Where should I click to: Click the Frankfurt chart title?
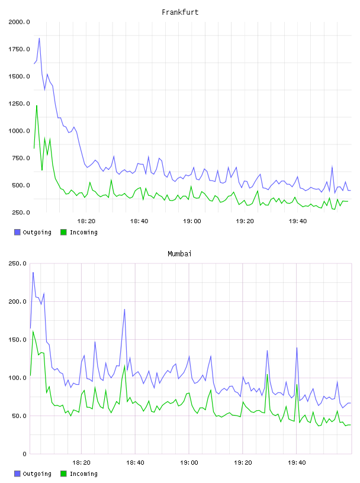(180, 12)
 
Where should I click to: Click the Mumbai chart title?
(179, 254)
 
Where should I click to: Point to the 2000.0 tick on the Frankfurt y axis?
(19, 22)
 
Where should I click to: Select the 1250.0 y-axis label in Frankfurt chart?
(19, 104)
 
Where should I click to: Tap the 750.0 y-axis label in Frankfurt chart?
(21, 158)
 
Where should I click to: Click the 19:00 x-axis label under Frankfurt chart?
(192, 221)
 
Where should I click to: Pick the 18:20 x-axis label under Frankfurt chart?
(86, 221)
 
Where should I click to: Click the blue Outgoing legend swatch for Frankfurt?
(17, 232)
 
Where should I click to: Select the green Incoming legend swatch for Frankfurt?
(63, 232)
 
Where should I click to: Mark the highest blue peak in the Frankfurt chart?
(39, 38)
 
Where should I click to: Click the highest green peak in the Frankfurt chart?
(37, 105)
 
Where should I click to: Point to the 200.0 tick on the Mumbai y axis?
(18, 301)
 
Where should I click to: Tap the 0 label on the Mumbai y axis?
(25, 454)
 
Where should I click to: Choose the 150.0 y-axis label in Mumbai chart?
(18, 340)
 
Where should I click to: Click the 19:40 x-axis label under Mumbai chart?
(297, 463)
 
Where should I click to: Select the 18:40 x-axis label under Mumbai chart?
(135, 463)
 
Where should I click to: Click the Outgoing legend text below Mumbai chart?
(37, 474)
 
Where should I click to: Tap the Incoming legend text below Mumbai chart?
(83, 474)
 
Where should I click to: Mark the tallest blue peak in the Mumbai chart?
(33, 272)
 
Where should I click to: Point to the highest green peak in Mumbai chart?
(33, 331)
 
